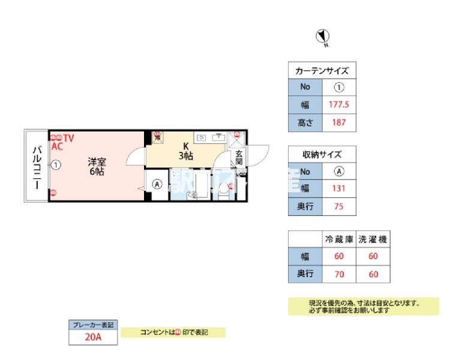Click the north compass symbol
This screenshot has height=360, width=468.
[322, 37]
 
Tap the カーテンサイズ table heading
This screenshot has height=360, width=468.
[322, 71]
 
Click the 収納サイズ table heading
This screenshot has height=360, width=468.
[322, 155]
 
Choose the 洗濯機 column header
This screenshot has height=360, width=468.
[373, 239]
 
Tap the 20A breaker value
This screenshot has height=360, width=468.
[93, 337]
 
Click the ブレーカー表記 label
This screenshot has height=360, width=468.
[93, 325]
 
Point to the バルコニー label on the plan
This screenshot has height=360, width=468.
[36, 166]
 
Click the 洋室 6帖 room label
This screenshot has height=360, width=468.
[96, 166]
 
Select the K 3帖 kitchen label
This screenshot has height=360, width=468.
[185, 151]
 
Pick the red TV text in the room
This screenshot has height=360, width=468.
[68, 138]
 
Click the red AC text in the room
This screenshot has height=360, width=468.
[58, 146]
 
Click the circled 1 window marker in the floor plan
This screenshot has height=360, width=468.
[55, 164]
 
